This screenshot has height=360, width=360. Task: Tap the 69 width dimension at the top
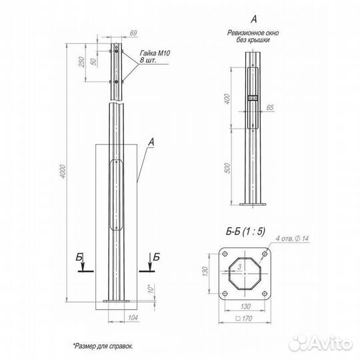tap(133, 33)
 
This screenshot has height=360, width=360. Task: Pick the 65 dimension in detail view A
tap(270, 106)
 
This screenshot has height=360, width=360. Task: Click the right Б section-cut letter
tap(156, 256)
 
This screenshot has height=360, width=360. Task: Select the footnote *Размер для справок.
tap(103, 346)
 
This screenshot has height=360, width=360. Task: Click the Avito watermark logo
tap(318, 341)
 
